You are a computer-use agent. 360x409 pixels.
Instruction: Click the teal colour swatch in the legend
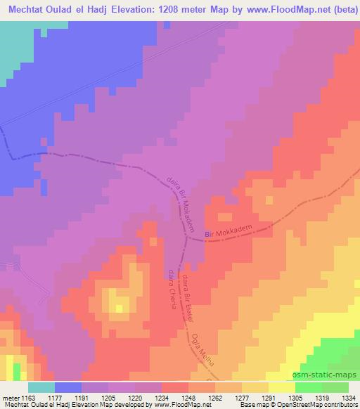pyautogui.click(x=41, y=387)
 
